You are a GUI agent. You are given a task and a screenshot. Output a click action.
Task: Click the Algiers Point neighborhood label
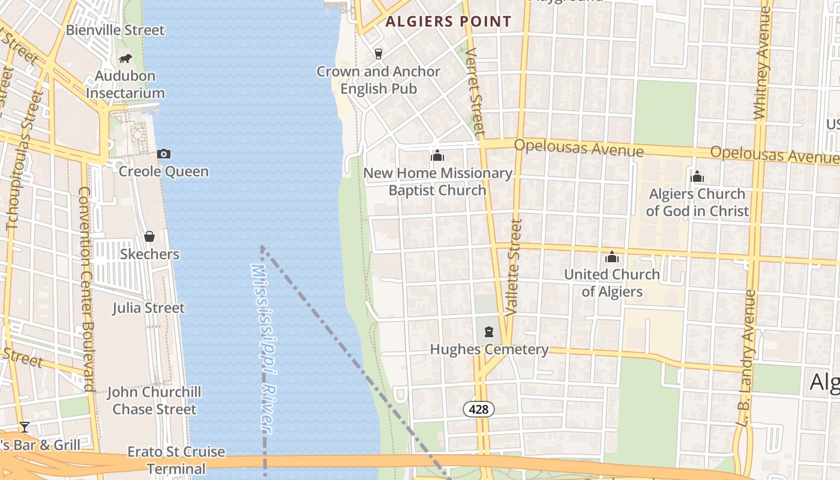pyautogui.click(x=448, y=22)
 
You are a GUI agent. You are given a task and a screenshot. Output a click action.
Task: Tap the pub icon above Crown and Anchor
pyautogui.click(x=378, y=54)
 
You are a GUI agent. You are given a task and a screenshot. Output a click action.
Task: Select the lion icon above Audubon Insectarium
pyautogui.click(x=125, y=58)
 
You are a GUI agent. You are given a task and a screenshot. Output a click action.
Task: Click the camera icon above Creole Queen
pyautogui.click(x=163, y=154)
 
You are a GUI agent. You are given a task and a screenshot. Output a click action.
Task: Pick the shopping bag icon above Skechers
pyautogui.click(x=149, y=236)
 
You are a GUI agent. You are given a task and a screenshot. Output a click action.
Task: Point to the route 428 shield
pyautogui.click(x=478, y=409)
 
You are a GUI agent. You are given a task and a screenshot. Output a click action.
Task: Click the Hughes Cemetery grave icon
pyautogui.click(x=489, y=332)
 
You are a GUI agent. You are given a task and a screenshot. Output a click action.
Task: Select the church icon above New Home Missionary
pyautogui.click(x=437, y=156)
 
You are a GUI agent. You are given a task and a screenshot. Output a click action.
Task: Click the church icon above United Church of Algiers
pyautogui.click(x=612, y=257)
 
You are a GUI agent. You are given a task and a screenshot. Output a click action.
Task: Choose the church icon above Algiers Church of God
pyautogui.click(x=697, y=176)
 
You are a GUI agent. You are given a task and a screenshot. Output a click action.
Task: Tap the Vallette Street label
pyautogui.click(x=514, y=268)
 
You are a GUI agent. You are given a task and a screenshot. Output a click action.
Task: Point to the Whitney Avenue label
pyautogui.click(x=761, y=72)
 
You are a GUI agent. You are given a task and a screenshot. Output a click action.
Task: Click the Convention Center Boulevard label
pyautogui.click(x=86, y=289)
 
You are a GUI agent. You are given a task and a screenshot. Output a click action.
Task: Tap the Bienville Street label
pyautogui.click(x=115, y=30)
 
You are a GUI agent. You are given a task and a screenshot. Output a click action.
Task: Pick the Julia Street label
pyautogui.click(x=149, y=308)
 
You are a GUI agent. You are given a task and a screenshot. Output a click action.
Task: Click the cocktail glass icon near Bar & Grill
pyautogui.click(x=24, y=427)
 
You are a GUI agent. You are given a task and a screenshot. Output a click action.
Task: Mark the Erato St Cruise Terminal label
pyautogui.click(x=176, y=460)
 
